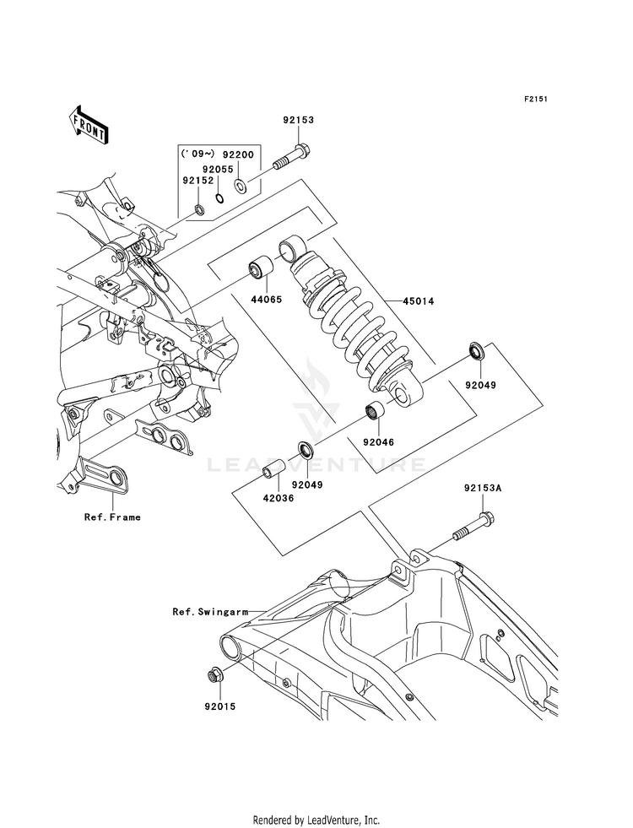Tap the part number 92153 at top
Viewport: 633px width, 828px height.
click(x=298, y=120)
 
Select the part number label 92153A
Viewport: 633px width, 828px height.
click(x=483, y=489)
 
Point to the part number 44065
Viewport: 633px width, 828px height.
click(x=266, y=300)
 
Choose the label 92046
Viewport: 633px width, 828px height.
click(x=378, y=442)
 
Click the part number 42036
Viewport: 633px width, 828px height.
click(x=279, y=497)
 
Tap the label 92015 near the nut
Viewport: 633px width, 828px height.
click(x=220, y=706)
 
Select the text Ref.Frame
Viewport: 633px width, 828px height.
click(x=112, y=517)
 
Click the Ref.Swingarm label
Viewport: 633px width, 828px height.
click(x=210, y=612)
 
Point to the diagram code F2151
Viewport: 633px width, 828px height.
click(x=535, y=99)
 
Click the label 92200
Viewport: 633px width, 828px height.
click(x=238, y=154)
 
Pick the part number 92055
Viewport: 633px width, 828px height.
click(x=219, y=170)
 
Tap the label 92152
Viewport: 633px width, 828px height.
click(x=198, y=180)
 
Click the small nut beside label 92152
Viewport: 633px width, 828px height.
click(x=199, y=210)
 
